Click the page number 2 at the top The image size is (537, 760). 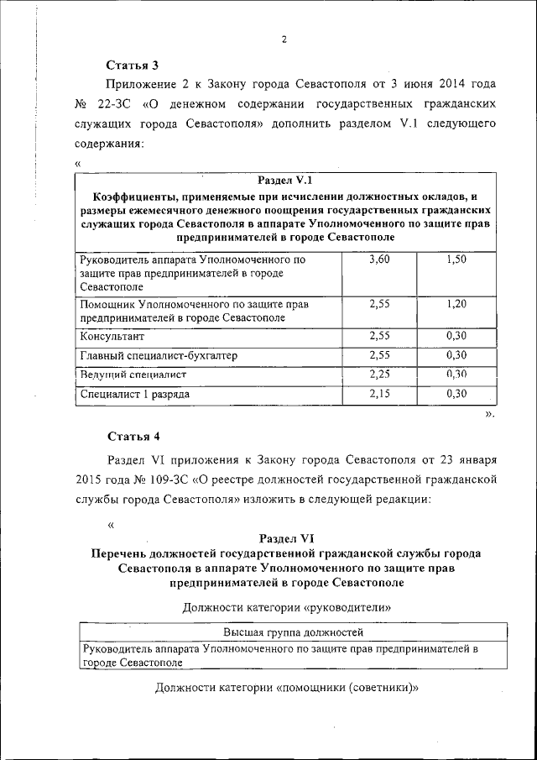284,39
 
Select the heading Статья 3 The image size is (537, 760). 133,65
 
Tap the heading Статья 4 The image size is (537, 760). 133,435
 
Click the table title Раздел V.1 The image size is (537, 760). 284,180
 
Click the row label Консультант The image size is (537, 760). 112,337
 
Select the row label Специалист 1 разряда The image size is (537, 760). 135,394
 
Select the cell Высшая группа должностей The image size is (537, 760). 293,632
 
